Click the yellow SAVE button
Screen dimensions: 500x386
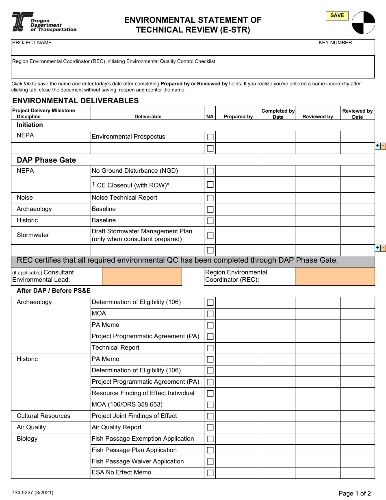click(337, 16)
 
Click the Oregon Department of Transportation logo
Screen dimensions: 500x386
click(44, 22)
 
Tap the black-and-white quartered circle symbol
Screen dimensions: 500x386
click(363, 23)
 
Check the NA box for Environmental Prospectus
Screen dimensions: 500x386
click(210, 137)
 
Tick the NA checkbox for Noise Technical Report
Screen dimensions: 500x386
click(210, 198)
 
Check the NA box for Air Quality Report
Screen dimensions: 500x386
click(210, 428)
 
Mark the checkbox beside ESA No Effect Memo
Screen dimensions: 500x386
click(210, 473)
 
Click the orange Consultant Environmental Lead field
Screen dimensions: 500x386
click(142, 276)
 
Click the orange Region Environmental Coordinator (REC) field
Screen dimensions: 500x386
click(335, 276)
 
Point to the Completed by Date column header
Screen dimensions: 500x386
click(278, 114)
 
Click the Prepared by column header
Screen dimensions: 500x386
click(238, 117)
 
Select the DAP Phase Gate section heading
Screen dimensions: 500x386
click(46, 160)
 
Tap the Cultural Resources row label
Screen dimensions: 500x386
click(43, 416)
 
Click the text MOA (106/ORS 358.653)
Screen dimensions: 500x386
click(127, 404)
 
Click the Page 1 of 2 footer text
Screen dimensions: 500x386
click(354, 493)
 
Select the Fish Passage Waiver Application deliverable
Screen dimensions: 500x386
click(138, 461)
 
